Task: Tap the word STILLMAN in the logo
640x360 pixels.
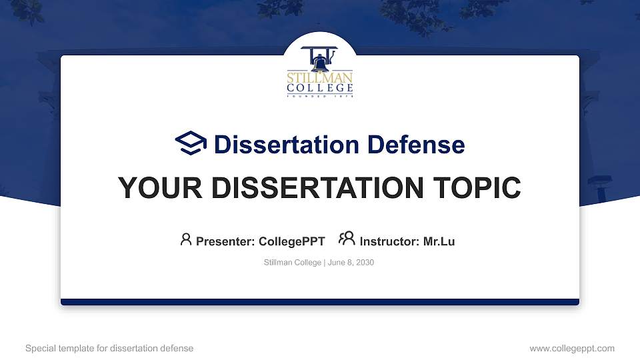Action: (x=320, y=77)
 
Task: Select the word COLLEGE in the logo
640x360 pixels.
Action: (x=320, y=88)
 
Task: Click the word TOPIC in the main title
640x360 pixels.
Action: (x=477, y=188)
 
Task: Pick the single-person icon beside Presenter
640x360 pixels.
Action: (x=186, y=239)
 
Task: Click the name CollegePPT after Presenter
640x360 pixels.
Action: (x=291, y=241)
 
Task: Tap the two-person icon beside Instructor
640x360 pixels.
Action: (x=347, y=239)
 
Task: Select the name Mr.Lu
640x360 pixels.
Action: (x=439, y=241)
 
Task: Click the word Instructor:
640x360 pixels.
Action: (x=389, y=241)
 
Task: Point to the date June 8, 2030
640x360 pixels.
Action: (x=351, y=263)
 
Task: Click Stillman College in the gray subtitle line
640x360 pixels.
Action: (x=293, y=263)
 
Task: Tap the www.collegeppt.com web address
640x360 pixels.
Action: (x=571, y=348)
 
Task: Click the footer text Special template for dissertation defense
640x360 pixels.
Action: (x=109, y=348)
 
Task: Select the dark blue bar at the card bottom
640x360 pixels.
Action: (x=320, y=302)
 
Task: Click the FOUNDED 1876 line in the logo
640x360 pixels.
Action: (x=320, y=96)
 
